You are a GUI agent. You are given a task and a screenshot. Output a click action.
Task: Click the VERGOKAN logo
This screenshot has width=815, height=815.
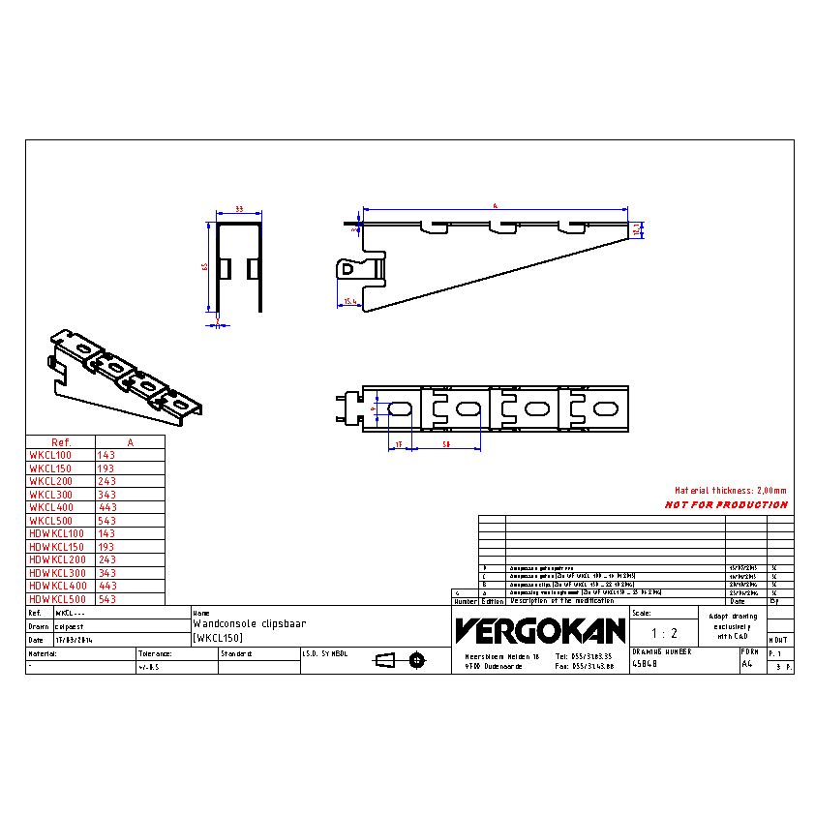540,631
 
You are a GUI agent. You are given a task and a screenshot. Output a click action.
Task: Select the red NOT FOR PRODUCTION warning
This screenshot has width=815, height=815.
726,504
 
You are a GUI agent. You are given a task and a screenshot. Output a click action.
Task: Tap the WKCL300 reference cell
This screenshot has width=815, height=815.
50,494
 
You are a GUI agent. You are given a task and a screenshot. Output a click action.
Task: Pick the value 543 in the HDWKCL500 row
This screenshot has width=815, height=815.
107,599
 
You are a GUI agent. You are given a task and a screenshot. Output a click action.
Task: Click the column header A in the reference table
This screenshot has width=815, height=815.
130,441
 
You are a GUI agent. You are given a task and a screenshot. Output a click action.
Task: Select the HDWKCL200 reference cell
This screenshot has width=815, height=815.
57,559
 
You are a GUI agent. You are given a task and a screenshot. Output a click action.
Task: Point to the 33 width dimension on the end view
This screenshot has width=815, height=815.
238,210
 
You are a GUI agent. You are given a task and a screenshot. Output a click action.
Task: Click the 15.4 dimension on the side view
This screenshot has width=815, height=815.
350,302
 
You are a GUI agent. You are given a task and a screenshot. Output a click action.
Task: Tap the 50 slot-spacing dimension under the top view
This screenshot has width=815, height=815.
446,443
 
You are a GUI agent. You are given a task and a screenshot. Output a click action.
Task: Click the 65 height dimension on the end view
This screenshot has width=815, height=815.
205,266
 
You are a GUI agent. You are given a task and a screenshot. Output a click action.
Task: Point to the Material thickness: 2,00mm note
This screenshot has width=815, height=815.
731,491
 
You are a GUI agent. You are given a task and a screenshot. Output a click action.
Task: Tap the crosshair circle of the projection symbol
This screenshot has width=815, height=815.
417,660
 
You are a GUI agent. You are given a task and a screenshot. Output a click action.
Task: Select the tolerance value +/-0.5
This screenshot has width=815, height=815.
153,667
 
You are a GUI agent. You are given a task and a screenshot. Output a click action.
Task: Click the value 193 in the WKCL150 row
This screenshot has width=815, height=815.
107,468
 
